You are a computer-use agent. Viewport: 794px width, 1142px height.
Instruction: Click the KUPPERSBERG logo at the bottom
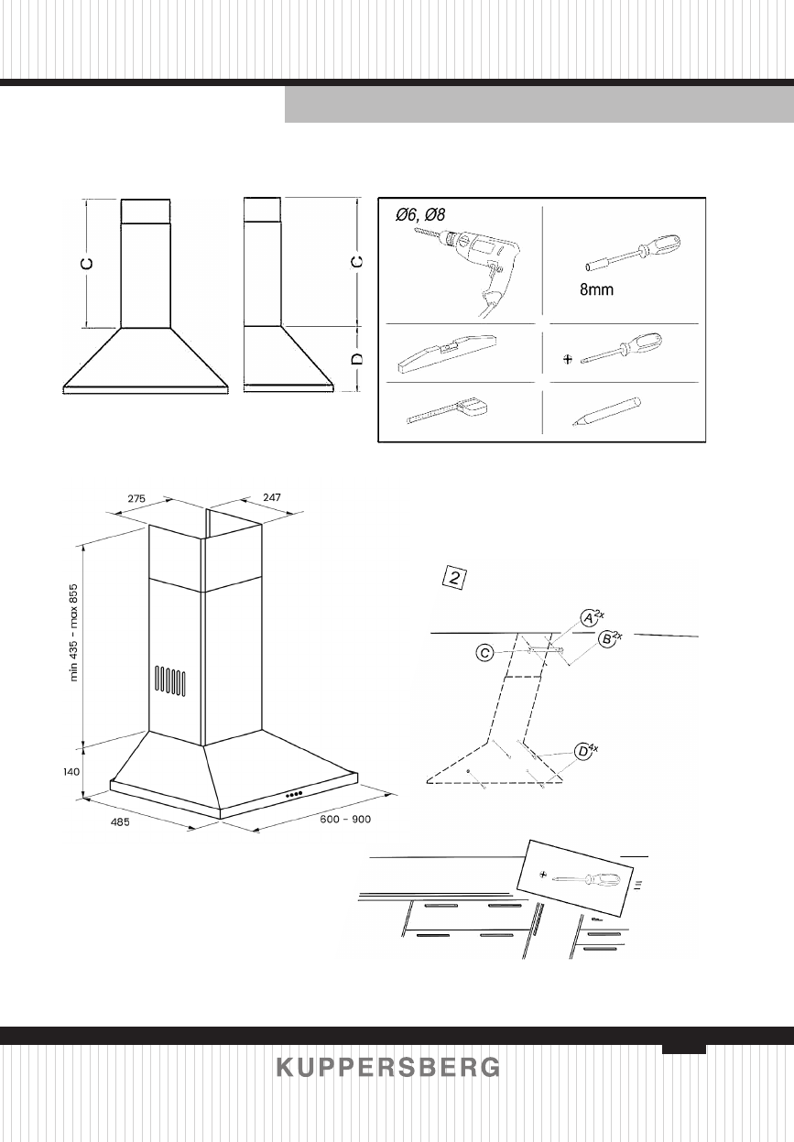pos(389,1068)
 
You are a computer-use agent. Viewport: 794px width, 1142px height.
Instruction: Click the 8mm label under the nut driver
pos(595,291)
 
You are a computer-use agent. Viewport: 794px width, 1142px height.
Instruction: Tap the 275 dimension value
pos(136,498)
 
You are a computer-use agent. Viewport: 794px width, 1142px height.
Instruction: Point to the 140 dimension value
pos(72,772)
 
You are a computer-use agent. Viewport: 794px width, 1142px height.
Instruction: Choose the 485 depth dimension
pos(120,822)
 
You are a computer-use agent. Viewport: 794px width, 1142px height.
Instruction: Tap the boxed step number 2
pos(456,577)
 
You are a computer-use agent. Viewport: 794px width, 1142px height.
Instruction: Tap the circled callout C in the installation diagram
pos(488,653)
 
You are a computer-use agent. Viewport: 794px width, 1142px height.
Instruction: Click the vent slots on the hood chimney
pos(170,680)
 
